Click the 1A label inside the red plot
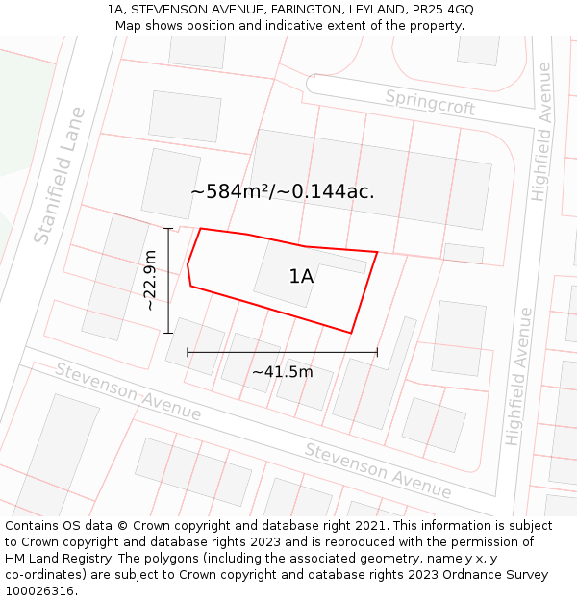pyautogui.click(x=301, y=277)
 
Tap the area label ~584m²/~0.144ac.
pyautogui.click(x=282, y=191)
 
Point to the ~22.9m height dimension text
pyautogui.click(x=150, y=280)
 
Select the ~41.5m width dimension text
pyautogui.click(x=283, y=372)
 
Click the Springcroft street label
pyautogui.click(x=430, y=102)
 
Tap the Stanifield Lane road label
pyautogui.click(x=60, y=175)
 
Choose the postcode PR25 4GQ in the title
pyautogui.click(x=441, y=10)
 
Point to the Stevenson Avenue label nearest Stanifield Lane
pyautogui.click(x=128, y=391)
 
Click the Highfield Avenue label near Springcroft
pyautogui.click(x=540, y=132)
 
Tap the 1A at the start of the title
pyautogui.click(x=116, y=10)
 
